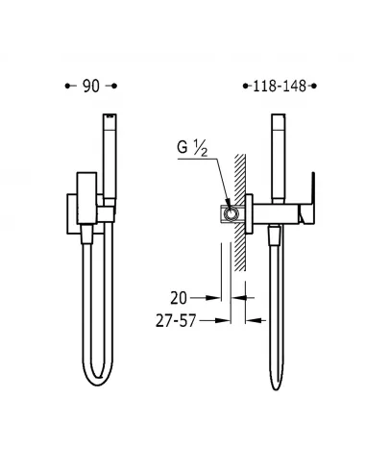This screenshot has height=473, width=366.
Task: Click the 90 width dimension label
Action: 90,86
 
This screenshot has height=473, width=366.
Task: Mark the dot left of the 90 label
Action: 66,86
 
